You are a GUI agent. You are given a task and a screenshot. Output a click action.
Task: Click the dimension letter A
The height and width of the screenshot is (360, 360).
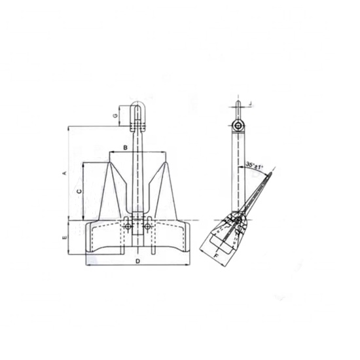coord(63,173)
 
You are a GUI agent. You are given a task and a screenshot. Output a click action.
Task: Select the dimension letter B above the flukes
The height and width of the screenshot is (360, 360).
coord(125,149)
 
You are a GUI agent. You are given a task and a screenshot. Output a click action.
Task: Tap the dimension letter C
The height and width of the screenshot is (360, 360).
coord(79,191)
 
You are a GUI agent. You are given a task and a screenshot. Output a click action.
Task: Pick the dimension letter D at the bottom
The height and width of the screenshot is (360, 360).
coord(137,261)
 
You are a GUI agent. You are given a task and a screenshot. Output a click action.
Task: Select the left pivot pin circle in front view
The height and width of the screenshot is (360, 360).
coord(129,226)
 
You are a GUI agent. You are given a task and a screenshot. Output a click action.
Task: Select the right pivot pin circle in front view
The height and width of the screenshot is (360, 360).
coord(147,226)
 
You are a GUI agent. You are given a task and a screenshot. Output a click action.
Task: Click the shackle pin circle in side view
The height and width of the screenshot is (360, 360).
coord(239,126)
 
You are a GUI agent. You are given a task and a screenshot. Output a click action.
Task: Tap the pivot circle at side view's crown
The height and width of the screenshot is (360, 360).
coord(237,221)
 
